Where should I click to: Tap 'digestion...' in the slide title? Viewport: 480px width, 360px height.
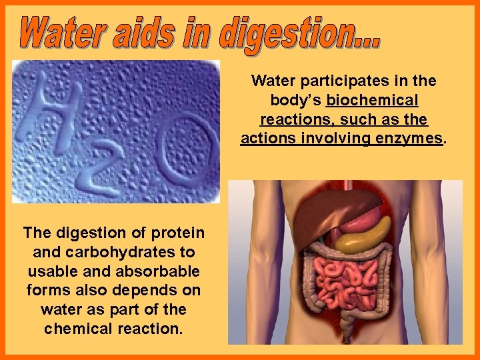pos(299,33)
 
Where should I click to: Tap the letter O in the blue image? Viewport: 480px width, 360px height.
pos(189,150)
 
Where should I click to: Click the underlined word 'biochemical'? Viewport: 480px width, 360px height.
pos(371,101)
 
